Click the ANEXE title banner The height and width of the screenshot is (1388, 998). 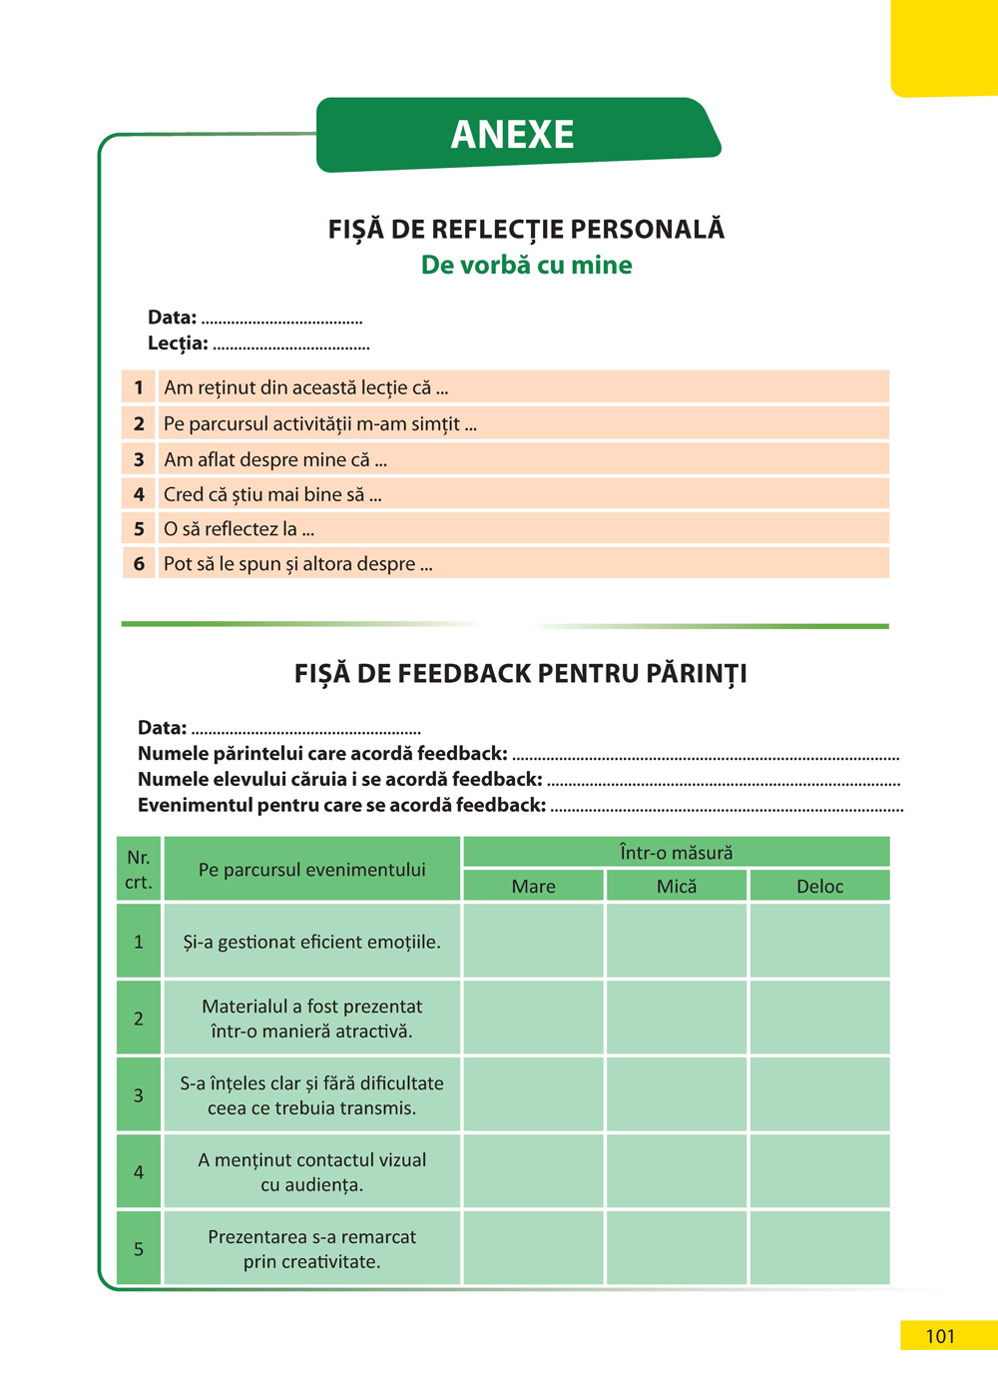click(x=513, y=135)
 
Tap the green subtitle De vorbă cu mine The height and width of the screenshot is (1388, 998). click(x=526, y=265)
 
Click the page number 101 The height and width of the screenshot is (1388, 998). click(x=940, y=1336)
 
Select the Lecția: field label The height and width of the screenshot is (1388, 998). click(x=178, y=344)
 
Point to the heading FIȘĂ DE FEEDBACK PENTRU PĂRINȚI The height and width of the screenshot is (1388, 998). click(x=520, y=674)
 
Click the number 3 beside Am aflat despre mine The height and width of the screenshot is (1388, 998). click(x=139, y=459)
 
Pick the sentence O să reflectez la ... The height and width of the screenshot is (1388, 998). click(x=239, y=529)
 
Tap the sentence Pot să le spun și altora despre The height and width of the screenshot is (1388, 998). click(x=297, y=564)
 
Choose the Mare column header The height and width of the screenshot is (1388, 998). click(x=533, y=886)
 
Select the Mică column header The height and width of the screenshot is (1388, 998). click(x=676, y=886)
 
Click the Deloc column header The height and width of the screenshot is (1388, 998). click(x=819, y=886)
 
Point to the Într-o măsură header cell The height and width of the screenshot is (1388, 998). click(x=676, y=853)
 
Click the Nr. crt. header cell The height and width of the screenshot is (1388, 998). click(x=139, y=870)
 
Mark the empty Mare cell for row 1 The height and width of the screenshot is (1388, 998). click(x=533, y=942)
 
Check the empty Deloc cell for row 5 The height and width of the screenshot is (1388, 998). click(x=819, y=1248)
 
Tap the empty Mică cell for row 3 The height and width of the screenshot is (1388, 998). click(x=676, y=1094)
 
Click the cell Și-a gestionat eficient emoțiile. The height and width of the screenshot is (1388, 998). click(x=311, y=942)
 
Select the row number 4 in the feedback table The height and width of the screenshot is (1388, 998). click(x=139, y=1171)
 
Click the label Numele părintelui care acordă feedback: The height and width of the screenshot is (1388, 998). click(x=322, y=754)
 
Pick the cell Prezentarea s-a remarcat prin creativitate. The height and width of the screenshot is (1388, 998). click(x=311, y=1248)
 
